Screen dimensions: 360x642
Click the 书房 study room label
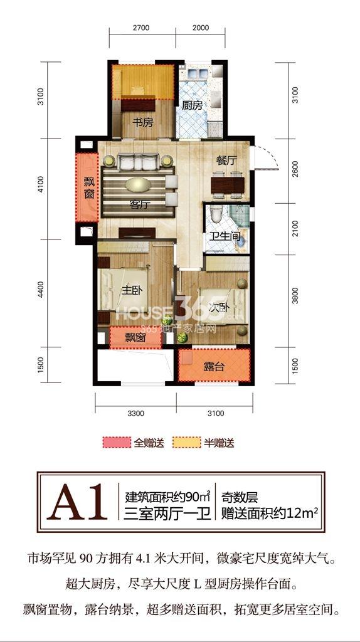[142, 122]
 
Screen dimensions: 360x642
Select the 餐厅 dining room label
[226, 160]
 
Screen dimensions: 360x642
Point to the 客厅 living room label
[138, 206]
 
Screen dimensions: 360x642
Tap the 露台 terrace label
[214, 367]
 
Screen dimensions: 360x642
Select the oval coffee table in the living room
[138, 185]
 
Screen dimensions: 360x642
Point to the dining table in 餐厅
[228, 185]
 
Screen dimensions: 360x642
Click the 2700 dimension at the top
[141, 28]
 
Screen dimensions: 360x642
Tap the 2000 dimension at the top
[201, 28]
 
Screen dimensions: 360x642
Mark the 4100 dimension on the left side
[41, 189]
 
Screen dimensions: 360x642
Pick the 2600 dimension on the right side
[295, 170]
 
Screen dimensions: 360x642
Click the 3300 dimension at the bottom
[135, 414]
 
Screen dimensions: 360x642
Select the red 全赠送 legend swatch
[116, 443]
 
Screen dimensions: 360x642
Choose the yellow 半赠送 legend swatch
[187, 443]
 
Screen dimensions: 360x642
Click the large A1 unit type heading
[77, 502]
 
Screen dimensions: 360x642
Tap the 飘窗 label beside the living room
[89, 187]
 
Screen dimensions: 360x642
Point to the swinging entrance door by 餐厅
[265, 157]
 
